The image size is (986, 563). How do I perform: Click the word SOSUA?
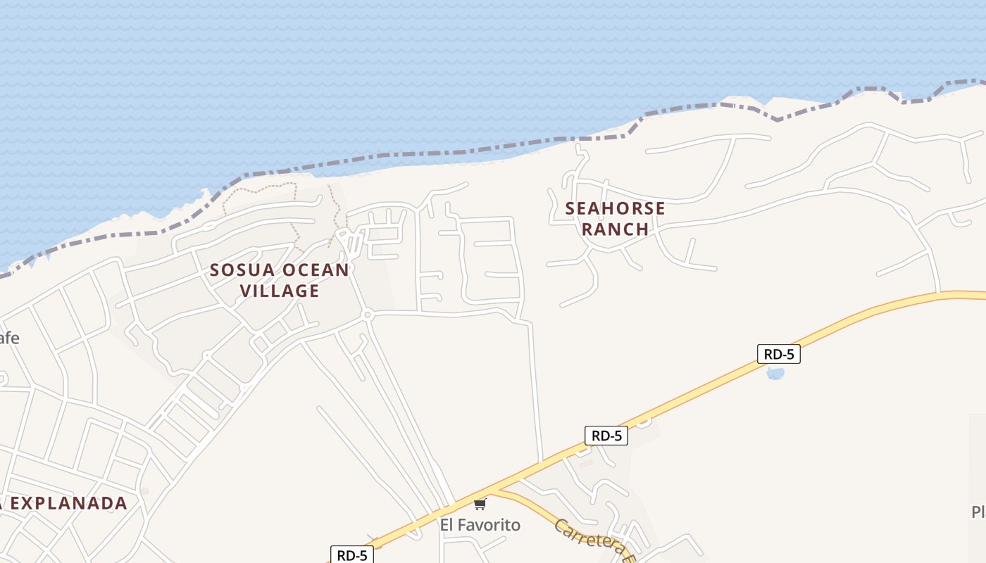pos(241,270)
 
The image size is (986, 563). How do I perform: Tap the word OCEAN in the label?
pos(315,270)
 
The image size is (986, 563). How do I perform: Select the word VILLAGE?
pos(280,291)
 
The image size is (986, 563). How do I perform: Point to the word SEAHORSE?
pos(615,208)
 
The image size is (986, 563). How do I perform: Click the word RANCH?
pos(615,229)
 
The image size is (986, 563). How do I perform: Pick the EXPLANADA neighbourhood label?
pos(68,503)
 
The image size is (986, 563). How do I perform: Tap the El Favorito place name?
pos(480,525)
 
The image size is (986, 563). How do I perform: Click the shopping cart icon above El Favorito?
pos(480,504)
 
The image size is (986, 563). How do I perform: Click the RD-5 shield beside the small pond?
pos(778,354)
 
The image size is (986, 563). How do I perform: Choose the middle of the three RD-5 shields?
pos(606,436)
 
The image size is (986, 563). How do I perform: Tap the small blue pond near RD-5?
pos(775,373)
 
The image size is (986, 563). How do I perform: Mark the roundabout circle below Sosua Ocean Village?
pos(366,315)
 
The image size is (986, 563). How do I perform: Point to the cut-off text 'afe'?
pos(8,338)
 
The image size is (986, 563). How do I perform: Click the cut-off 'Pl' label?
pos(978,512)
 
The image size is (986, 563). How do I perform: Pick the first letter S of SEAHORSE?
pos(570,208)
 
